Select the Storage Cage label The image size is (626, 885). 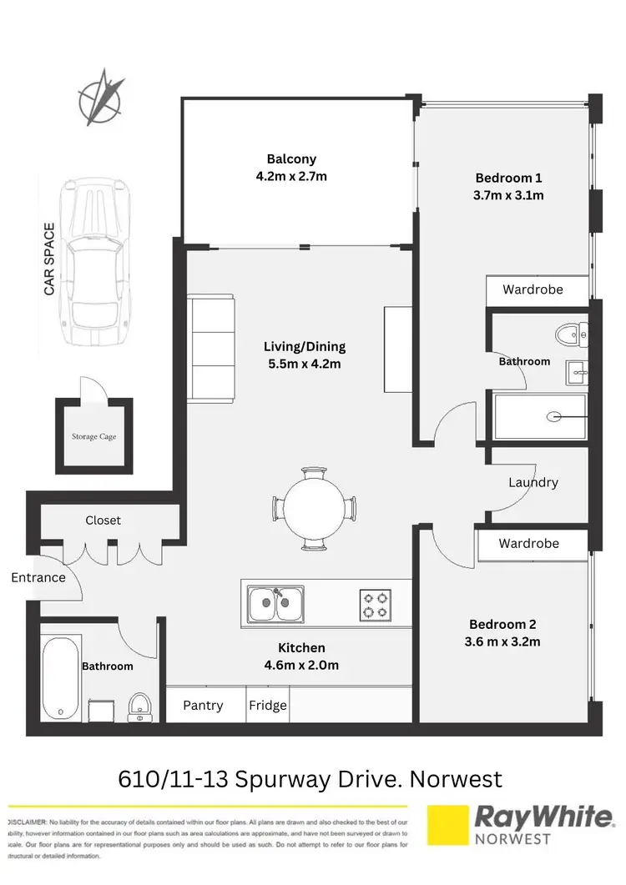(93, 435)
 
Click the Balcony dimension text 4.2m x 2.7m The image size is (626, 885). (291, 176)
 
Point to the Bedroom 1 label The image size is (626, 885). (509, 178)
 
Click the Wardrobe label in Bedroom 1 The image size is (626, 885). (533, 289)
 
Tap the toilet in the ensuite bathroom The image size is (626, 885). (571, 335)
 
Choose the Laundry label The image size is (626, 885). (533, 482)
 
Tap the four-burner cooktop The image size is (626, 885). (376, 605)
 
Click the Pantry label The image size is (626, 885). (203, 705)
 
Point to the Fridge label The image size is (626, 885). (268, 705)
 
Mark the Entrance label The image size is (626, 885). (38, 577)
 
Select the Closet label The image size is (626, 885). (103, 520)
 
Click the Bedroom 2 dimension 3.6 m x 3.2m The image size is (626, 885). (504, 641)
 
